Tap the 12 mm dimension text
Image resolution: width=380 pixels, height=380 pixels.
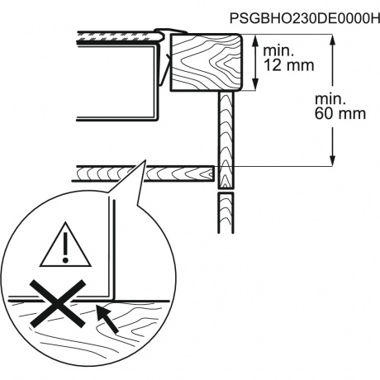(x=289, y=65)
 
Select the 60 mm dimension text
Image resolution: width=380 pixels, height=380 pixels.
(x=340, y=113)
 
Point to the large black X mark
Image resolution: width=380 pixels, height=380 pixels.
(x=57, y=304)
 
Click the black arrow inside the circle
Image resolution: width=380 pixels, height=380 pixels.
(x=107, y=319)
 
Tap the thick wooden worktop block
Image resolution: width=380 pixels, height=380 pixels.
(x=207, y=62)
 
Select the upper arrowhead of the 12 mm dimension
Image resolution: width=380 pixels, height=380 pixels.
(x=256, y=41)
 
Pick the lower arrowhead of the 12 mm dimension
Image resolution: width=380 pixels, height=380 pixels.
(x=256, y=83)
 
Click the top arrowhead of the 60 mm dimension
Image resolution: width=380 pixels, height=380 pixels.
(x=333, y=41)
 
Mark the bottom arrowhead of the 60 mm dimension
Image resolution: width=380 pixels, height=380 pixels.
(x=333, y=159)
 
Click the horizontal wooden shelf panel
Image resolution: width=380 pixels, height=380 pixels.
(x=143, y=173)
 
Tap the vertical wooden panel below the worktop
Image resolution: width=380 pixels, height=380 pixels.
(x=226, y=140)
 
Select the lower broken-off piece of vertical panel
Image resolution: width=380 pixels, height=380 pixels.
(x=226, y=213)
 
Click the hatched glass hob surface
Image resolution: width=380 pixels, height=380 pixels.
(x=119, y=38)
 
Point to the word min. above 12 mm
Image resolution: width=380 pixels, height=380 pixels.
(x=278, y=51)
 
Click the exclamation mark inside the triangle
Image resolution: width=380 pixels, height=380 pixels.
(x=65, y=247)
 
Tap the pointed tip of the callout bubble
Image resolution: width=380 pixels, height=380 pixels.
(x=145, y=160)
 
